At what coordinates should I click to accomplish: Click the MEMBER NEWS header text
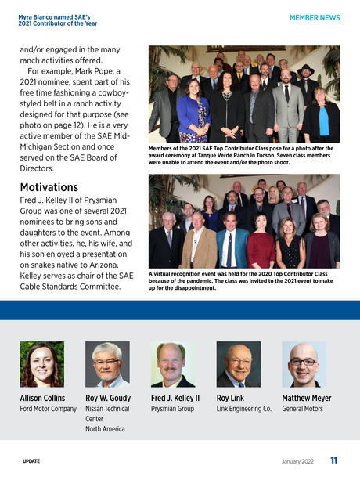click(315, 16)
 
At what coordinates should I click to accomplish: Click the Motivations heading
click(49, 188)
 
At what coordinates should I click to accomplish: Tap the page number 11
click(334, 460)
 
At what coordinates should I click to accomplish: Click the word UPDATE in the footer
click(31, 461)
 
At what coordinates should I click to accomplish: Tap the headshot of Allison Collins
click(42, 364)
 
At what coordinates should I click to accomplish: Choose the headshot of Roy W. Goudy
click(108, 364)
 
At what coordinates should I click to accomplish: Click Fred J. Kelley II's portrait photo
click(173, 364)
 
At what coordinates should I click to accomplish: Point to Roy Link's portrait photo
click(239, 364)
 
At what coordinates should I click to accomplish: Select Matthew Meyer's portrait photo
click(304, 364)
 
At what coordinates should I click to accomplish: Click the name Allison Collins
click(42, 398)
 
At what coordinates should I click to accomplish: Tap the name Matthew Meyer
click(306, 398)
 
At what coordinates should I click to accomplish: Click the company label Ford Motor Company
click(48, 409)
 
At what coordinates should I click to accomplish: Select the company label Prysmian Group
click(173, 409)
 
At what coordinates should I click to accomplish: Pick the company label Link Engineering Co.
click(243, 409)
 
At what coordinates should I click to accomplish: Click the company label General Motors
click(303, 409)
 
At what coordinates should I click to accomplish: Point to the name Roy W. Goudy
click(108, 398)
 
